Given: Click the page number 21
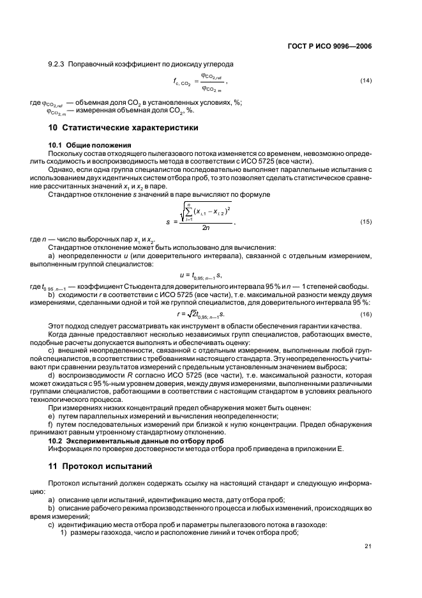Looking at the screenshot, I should pyautogui.click(x=367, y=545).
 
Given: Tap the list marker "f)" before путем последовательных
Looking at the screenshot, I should pyautogui.click(x=50, y=425).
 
